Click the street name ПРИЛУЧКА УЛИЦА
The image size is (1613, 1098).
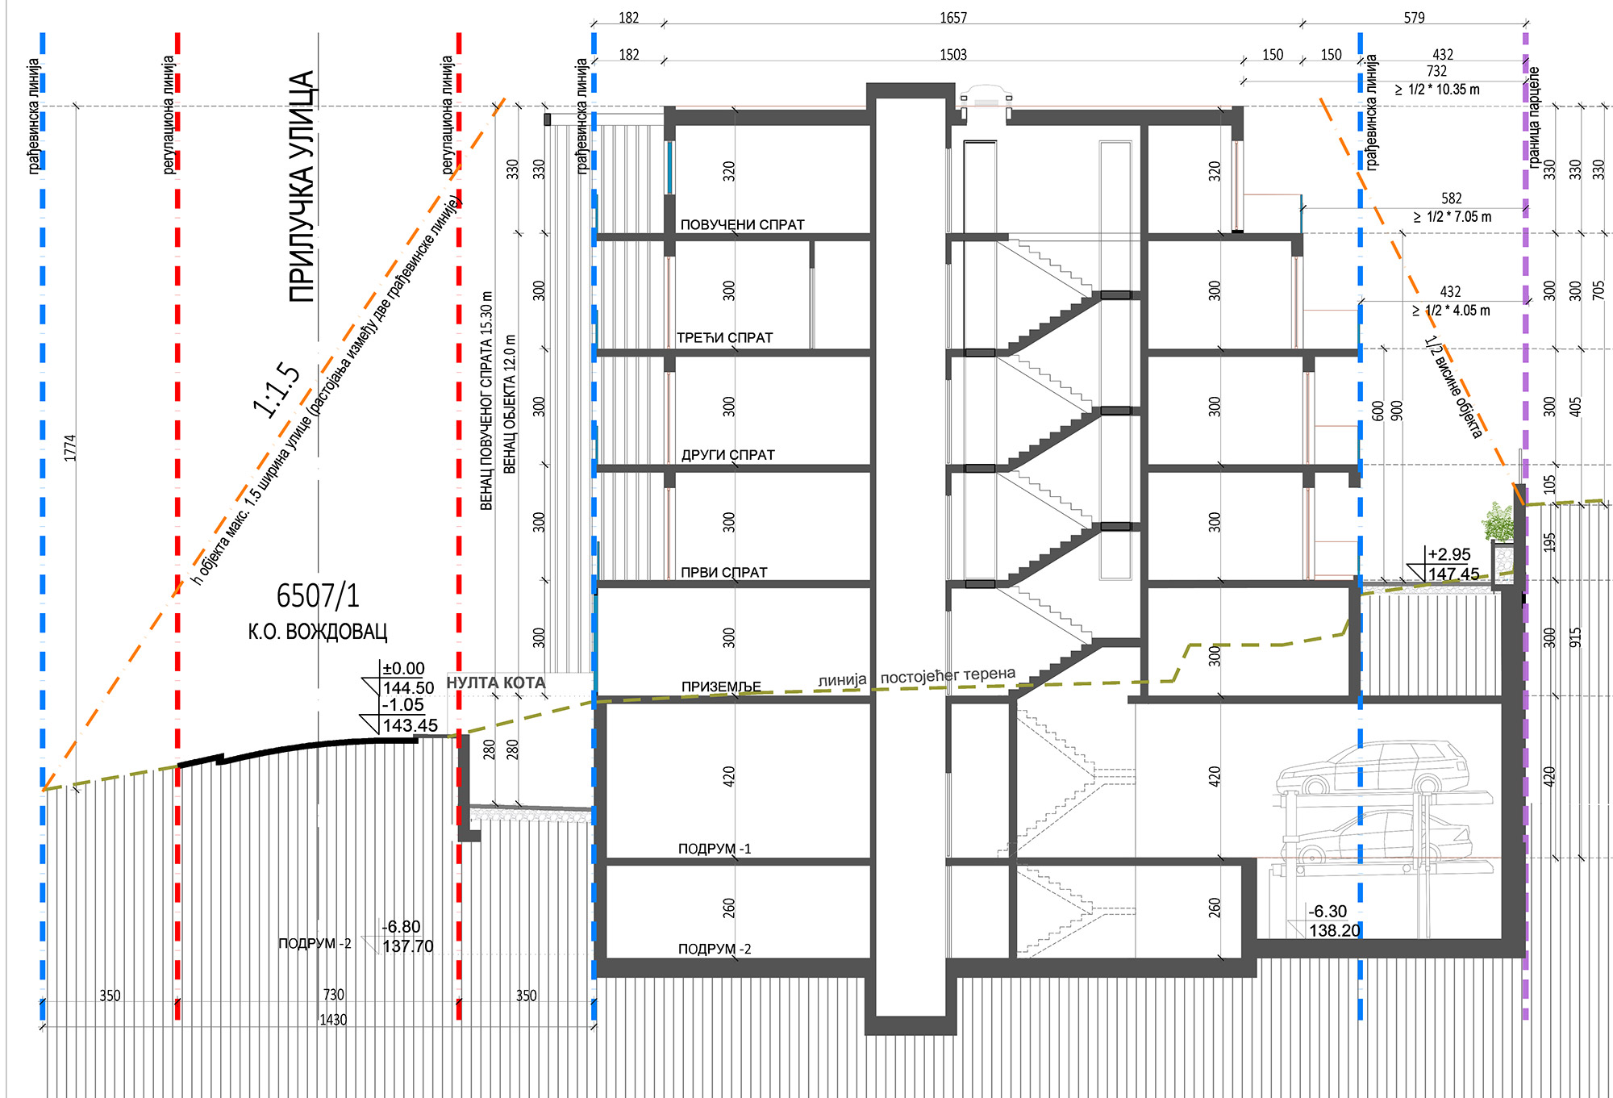click(302, 187)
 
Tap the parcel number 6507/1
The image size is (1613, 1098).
click(318, 596)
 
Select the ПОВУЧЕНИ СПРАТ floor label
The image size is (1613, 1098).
click(743, 225)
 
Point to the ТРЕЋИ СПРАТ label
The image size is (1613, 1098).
click(725, 338)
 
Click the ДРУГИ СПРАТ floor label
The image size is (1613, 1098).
click(727, 455)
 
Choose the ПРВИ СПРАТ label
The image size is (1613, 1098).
click(724, 572)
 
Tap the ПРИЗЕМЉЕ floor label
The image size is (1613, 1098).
click(721, 687)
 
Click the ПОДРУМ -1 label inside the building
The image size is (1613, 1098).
click(715, 849)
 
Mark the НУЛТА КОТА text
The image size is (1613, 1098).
click(496, 683)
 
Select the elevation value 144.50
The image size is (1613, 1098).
click(408, 688)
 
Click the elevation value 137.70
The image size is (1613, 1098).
click(408, 946)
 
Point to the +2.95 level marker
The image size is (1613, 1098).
click(1449, 554)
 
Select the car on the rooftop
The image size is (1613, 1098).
click(985, 98)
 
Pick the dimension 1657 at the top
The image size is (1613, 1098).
click(953, 18)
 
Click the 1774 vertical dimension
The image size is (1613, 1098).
click(70, 448)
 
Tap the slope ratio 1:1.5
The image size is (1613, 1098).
click(277, 389)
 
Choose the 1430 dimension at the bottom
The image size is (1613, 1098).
click(333, 1020)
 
